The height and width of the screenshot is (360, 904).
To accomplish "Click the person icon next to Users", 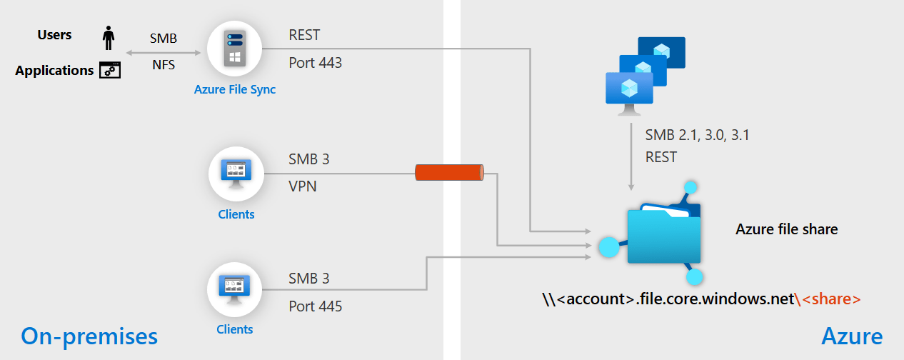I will [x=109, y=38].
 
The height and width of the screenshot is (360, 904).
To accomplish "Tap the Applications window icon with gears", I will [x=109, y=70].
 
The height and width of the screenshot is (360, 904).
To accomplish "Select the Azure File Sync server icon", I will [x=234, y=49].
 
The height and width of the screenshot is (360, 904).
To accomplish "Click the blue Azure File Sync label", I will [x=234, y=90].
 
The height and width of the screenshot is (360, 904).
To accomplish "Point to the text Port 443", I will [x=315, y=63].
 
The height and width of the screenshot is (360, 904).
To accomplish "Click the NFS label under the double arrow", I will [x=164, y=65].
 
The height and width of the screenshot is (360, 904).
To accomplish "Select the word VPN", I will [x=303, y=186].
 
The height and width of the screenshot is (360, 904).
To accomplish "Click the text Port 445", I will [x=315, y=306].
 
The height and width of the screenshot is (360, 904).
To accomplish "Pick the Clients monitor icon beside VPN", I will [x=236, y=174].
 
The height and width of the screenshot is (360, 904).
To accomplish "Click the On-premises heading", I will [x=89, y=336].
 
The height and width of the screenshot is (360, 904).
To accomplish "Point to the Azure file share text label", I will [x=786, y=229].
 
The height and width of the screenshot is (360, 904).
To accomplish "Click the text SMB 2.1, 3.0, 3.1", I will [x=697, y=135].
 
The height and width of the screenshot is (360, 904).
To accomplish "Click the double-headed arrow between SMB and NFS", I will [x=164, y=52].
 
